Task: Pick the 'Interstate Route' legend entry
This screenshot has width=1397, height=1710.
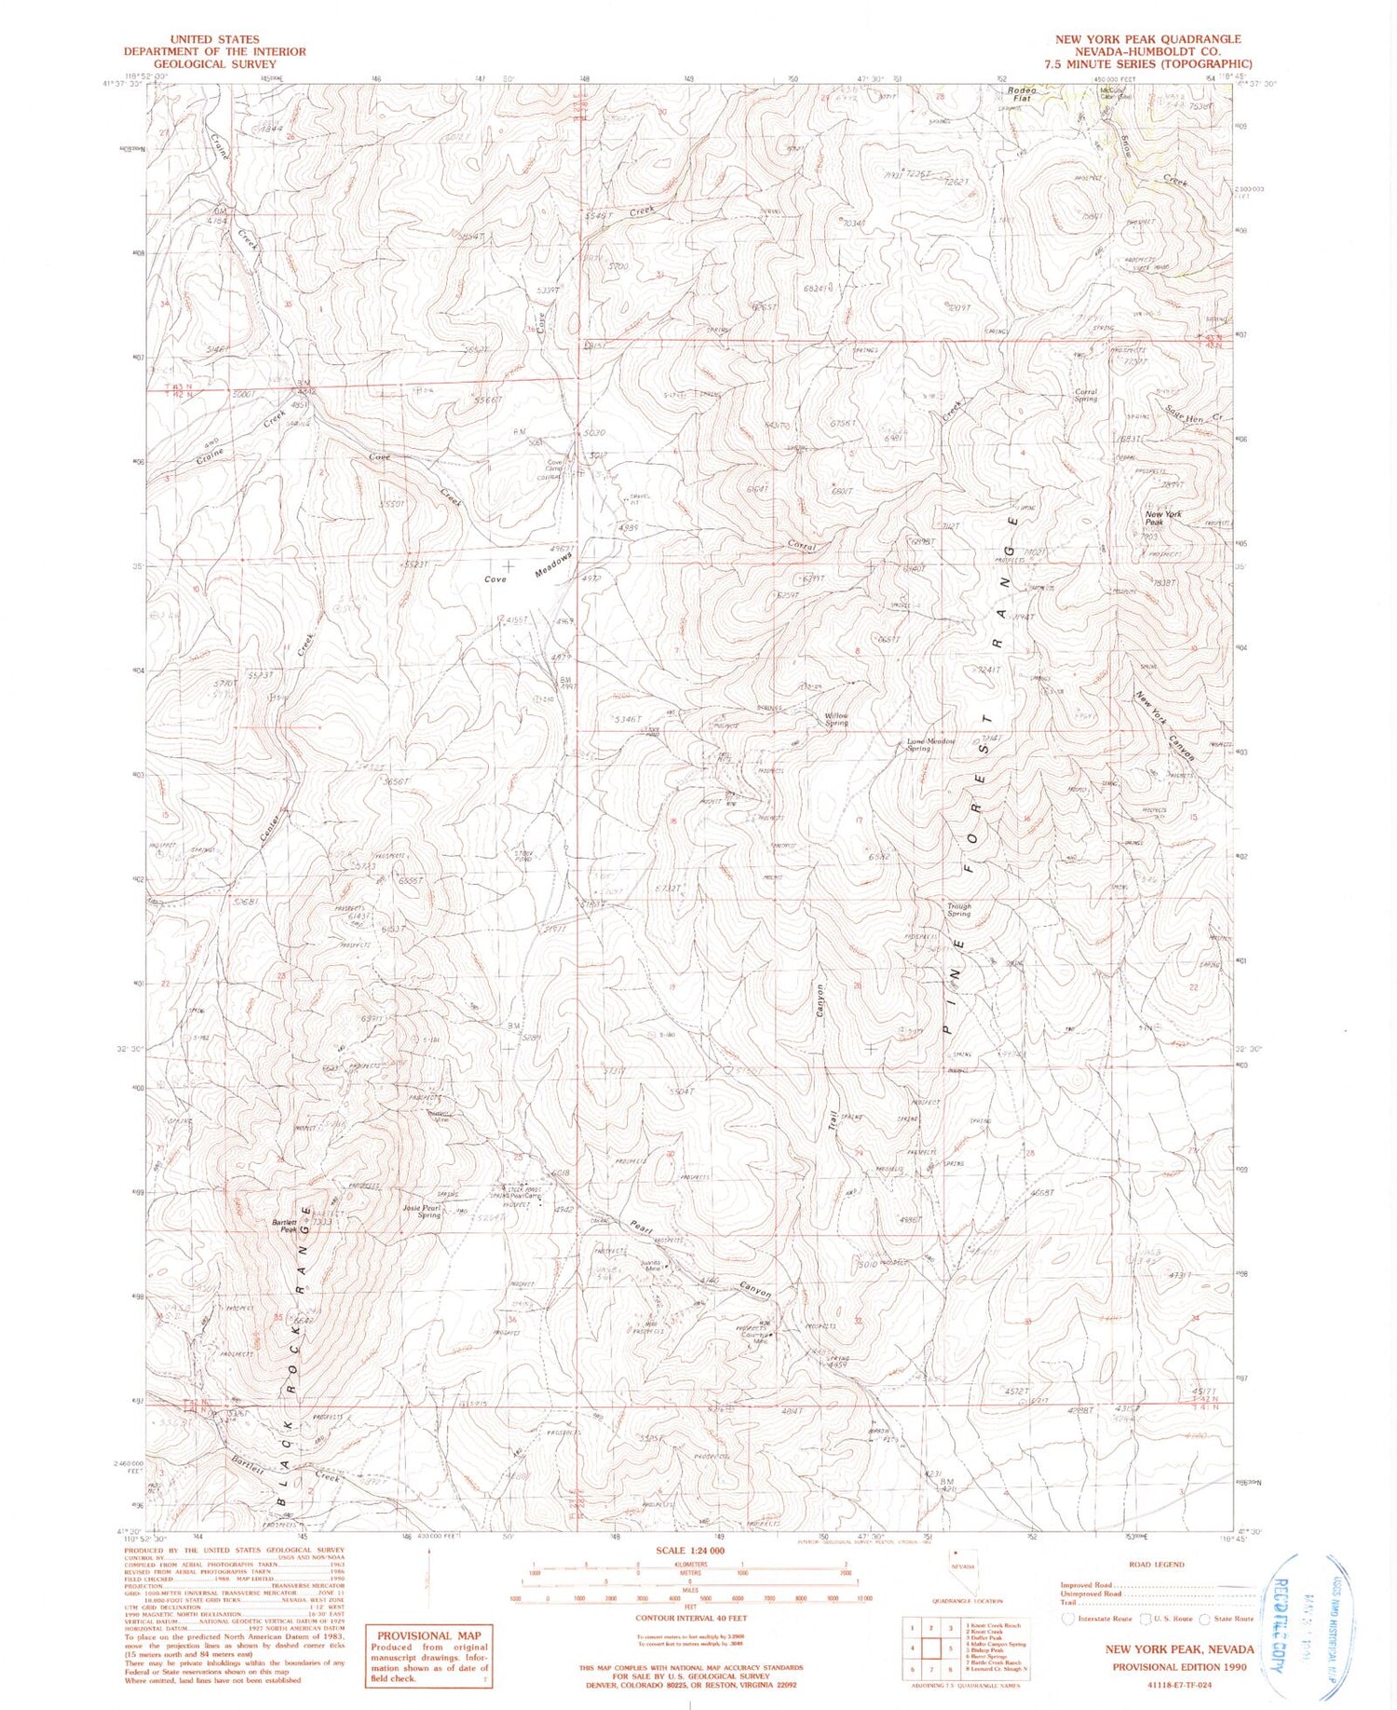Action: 1103,1618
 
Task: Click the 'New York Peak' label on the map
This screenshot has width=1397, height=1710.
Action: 1163,519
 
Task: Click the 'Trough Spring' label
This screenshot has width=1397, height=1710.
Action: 958,909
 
